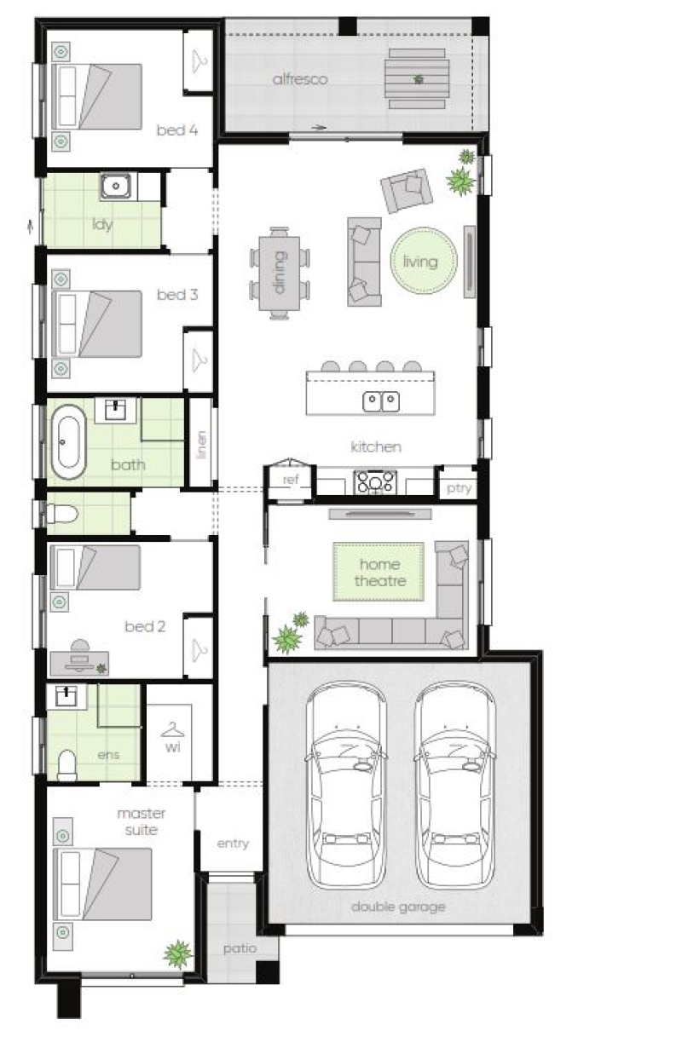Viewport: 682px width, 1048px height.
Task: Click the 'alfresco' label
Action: click(x=299, y=79)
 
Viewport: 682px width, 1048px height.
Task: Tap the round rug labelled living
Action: click(x=423, y=260)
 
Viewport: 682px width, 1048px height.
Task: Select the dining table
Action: click(x=280, y=274)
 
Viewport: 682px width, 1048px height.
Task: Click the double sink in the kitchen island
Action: click(x=380, y=401)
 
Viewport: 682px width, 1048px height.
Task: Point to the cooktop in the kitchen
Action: click(x=375, y=482)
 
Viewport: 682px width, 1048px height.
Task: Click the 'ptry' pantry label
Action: click(x=459, y=488)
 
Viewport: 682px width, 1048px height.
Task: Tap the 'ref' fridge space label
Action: click(x=291, y=480)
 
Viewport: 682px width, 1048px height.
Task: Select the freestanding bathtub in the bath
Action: click(x=68, y=441)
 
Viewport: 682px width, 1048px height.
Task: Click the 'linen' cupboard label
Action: click(x=202, y=445)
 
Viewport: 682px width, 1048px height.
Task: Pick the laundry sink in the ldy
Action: click(x=115, y=186)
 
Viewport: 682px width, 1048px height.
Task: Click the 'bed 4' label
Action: click(x=177, y=130)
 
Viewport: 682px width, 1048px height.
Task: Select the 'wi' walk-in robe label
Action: click(x=172, y=747)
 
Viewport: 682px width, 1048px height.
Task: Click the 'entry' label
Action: click(x=233, y=844)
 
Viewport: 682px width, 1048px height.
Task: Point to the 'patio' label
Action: click(x=240, y=948)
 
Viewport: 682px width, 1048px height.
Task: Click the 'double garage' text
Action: click(x=398, y=907)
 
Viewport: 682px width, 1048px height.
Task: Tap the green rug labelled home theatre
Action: click(x=379, y=572)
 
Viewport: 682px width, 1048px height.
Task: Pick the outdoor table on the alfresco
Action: click(x=417, y=78)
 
